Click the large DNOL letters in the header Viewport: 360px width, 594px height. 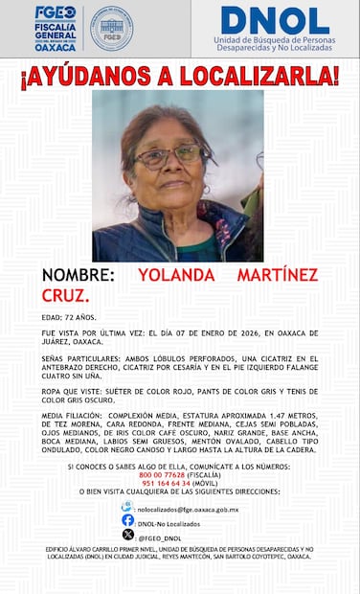click(x=275, y=20)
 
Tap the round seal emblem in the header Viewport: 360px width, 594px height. click(x=111, y=28)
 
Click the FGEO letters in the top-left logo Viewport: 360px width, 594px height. click(x=55, y=12)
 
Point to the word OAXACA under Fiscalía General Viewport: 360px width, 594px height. click(x=55, y=48)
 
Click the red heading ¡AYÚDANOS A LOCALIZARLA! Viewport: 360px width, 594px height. click(x=179, y=75)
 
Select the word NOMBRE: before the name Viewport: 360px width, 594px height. click(x=79, y=275)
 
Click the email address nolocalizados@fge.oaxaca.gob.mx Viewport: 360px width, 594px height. click(x=187, y=510)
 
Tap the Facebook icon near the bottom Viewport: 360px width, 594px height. click(x=127, y=520)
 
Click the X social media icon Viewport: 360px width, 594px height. click(x=127, y=535)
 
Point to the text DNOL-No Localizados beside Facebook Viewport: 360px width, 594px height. click(x=169, y=523)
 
